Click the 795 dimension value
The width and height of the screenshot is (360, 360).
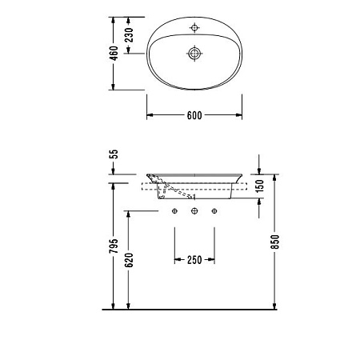pyautogui.click(x=114, y=246)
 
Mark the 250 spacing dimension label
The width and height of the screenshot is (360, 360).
pyautogui.click(x=194, y=259)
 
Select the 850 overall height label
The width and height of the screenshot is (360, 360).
pyautogui.click(x=274, y=244)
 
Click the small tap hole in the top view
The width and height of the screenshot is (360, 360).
pyautogui.click(x=194, y=30)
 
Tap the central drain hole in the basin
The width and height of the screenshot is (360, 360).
pyautogui.click(x=194, y=54)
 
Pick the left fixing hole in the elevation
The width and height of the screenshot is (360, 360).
pyautogui.click(x=174, y=211)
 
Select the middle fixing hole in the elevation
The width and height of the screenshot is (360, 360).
pyautogui.click(x=194, y=211)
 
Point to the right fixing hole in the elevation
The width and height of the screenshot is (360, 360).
pyautogui.click(x=214, y=211)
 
